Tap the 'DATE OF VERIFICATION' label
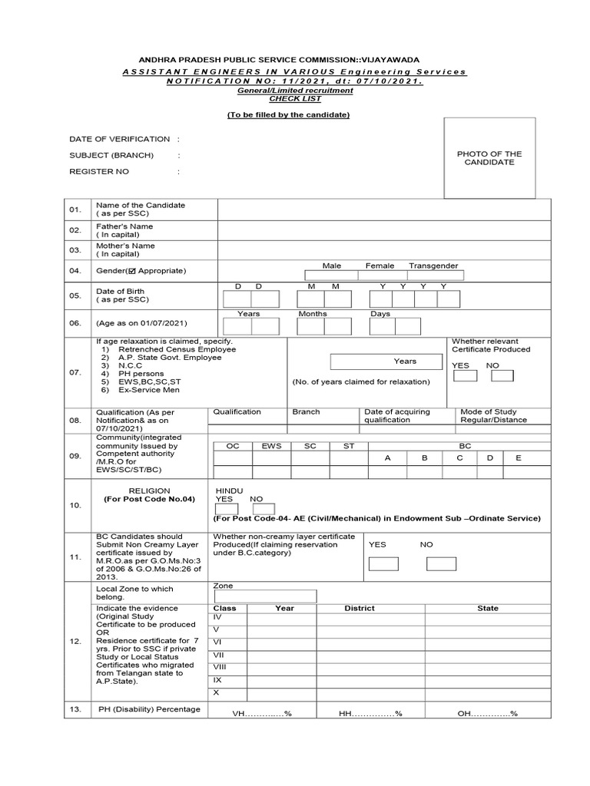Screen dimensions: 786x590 [119, 139]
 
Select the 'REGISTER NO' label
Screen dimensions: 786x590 [99, 171]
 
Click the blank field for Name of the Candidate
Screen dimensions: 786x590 [383, 210]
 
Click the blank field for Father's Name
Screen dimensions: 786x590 [383, 230]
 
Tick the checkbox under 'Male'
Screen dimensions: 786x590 [331, 276]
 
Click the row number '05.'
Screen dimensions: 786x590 [75, 296]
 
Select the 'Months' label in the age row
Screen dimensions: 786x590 [313, 314]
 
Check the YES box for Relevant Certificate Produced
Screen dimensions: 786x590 [464, 376]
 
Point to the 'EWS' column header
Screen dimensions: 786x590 [271, 445]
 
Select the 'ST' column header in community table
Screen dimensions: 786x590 [349, 445]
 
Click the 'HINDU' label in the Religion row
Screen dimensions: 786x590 [229, 489]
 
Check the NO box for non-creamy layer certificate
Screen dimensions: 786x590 [440, 563]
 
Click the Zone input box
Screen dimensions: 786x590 [264, 596]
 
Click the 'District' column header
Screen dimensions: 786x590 [360, 609]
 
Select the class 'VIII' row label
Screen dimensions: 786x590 [220, 667]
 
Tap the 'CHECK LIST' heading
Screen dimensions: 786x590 [284, 98]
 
